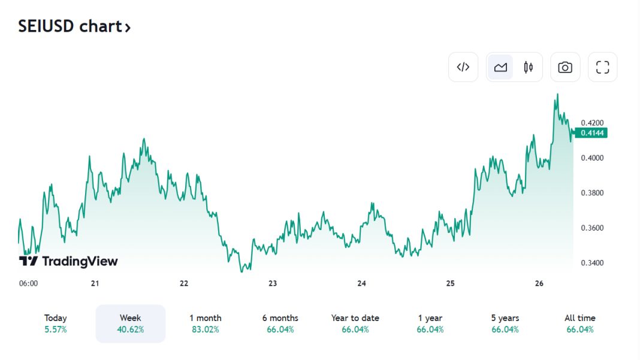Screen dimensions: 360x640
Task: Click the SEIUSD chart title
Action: point(74,27)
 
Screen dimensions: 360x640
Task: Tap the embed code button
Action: point(463,67)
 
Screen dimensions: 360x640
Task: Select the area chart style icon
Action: point(500,67)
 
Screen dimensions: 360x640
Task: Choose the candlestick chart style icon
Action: point(528,67)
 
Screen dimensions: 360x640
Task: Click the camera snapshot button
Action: point(565,67)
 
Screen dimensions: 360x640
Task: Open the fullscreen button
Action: point(602,67)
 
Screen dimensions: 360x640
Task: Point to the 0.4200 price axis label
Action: point(592,123)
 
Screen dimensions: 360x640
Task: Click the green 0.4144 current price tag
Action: point(591,133)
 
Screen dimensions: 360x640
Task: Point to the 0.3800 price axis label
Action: point(592,193)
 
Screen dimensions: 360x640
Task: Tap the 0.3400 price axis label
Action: point(592,263)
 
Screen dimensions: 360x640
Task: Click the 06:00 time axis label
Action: point(28,283)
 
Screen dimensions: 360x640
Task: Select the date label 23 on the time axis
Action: point(273,283)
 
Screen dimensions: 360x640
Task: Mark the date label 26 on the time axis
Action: point(539,283)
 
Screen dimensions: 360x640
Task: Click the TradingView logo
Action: point(68,261)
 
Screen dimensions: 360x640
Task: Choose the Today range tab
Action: point(56,323)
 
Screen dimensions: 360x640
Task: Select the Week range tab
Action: point(130,323)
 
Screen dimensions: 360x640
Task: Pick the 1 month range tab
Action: point(206,323)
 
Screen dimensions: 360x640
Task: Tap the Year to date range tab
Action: point(355,323)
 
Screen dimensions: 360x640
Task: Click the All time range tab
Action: point(580,323)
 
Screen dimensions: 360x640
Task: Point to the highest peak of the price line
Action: point(558,94)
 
